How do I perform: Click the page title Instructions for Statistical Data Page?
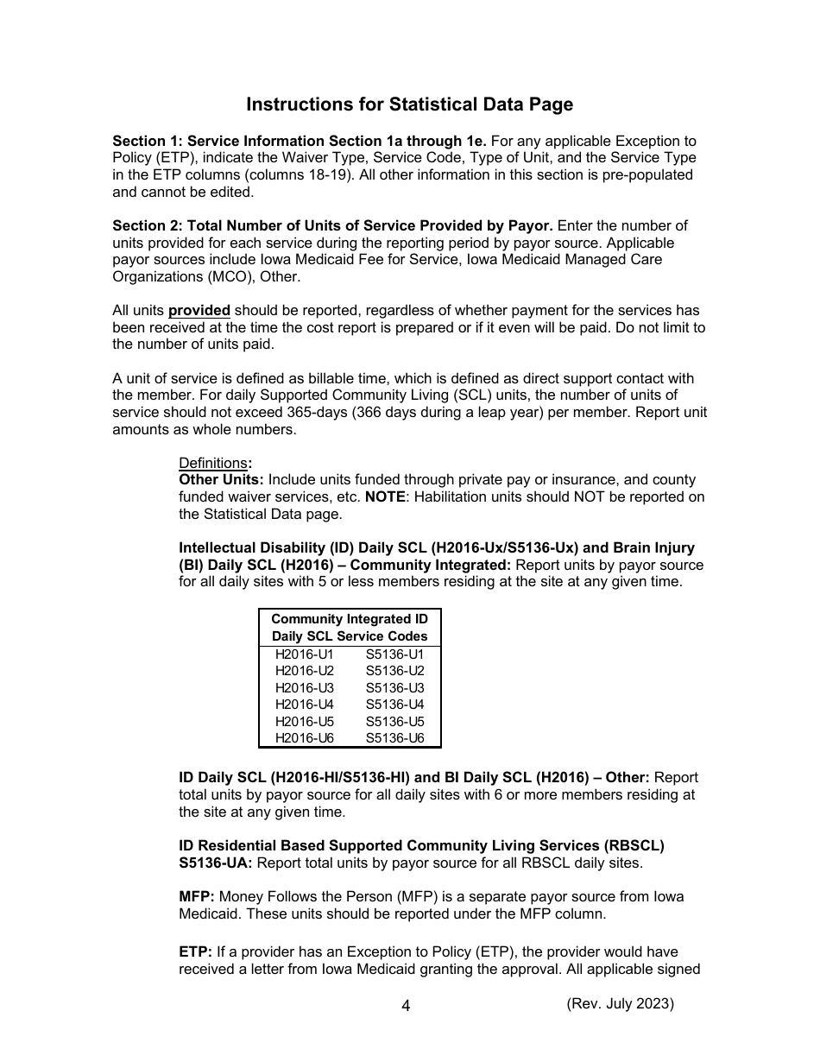pyautogui.click(x=409, y=104)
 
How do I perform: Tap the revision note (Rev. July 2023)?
pyautogui.click(x=620, y=1003)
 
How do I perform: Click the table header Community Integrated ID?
pyautogui.click(x=349, y=619)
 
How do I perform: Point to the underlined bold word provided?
pyautogui.click(x=199, y=311)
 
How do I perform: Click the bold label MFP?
pyautogui.click(x=196, y=896)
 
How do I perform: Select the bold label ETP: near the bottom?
pyautogui.click(x=195, y=951)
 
